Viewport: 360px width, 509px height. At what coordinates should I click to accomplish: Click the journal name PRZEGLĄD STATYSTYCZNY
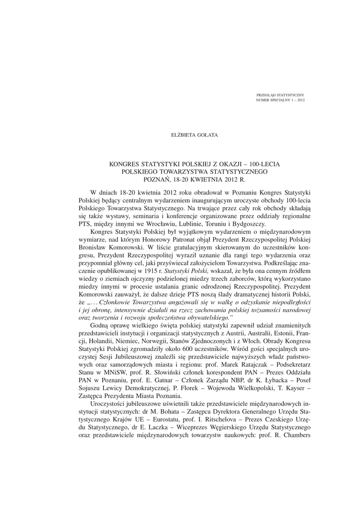click(x=280, y=95)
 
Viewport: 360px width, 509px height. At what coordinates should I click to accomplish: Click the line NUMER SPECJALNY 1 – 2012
click(x=280, y=100)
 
